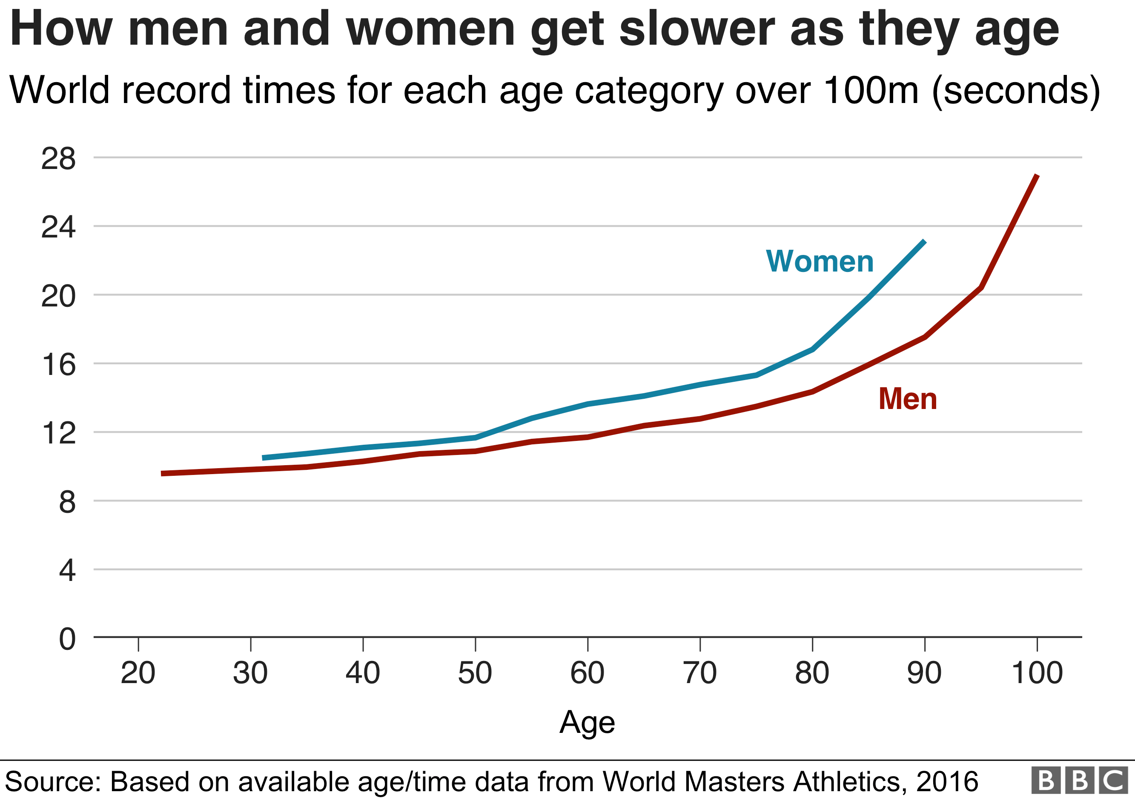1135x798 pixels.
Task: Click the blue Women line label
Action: [820, 261]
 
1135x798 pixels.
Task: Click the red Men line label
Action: [908, 399]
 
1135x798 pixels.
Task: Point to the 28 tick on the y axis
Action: [58, 159]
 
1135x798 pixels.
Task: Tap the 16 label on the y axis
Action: [58, 365]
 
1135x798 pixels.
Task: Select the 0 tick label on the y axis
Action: [67, 639]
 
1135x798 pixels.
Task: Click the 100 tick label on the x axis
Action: [1037, 673]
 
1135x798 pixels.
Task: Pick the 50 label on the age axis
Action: [475, 673]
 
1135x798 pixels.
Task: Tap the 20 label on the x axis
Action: [138, 673]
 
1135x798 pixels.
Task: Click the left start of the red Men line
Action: [163, 473]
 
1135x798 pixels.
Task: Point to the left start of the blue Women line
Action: [263, 458]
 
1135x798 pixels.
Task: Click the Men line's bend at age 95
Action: [981, 287]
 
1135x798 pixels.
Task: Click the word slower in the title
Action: [697, 30]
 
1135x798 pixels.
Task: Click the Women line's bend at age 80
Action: [812, 349]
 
